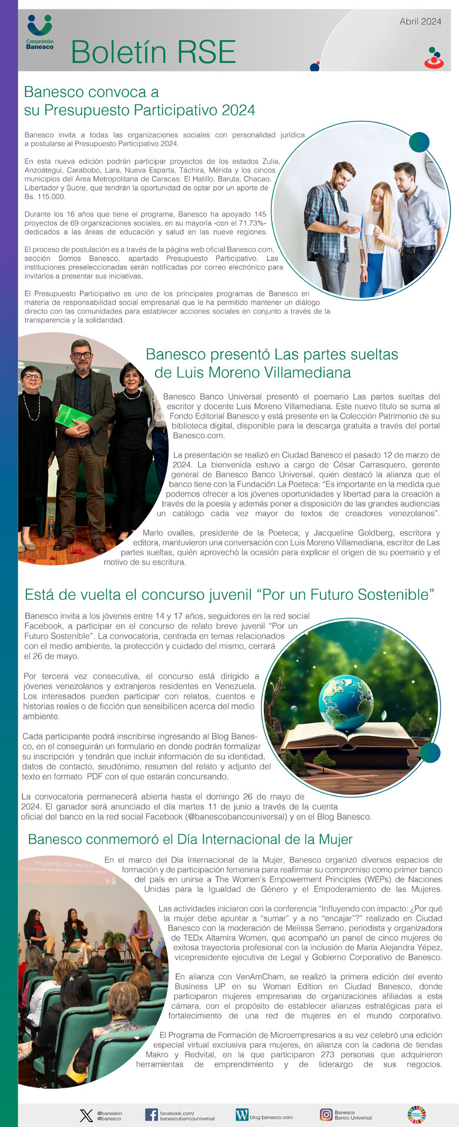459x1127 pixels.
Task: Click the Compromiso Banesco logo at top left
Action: tap(39, 32)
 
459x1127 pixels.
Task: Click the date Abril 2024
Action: tap(420, 22)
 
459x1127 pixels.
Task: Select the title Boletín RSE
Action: tap(153, 52)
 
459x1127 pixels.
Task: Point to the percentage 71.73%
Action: tap(253, 223)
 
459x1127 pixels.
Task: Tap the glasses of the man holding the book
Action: tap(81, 355)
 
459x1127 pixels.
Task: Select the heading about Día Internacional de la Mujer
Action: tap(190, 839)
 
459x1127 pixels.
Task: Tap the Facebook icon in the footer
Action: tap(151, 1115)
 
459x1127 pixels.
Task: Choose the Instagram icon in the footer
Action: tap(326, 1115)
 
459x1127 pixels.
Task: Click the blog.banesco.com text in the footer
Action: tap(271, 1117)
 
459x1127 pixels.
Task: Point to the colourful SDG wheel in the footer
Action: tap(417, 1115)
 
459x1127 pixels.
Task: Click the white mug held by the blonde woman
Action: tap(369, 229)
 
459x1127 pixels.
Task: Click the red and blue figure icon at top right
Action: tap(434, 59)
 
